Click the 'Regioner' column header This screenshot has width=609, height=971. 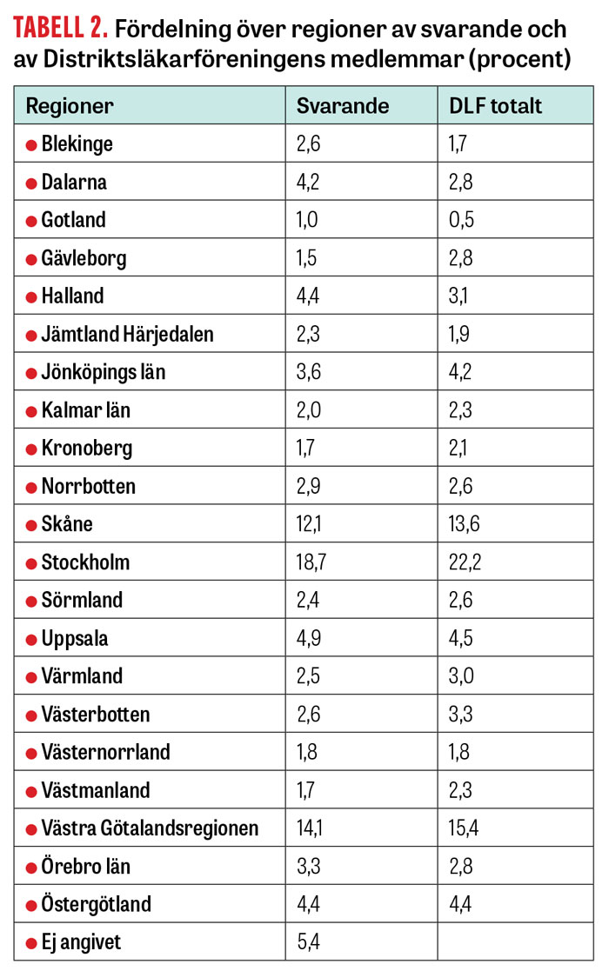[x=70, y=107]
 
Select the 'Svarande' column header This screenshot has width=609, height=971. [x=343, y=106]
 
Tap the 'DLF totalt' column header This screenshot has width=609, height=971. [x=495, y=106]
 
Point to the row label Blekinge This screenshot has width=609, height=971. [x=77, y=144]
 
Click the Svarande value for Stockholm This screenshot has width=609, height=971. [x=311, y=562]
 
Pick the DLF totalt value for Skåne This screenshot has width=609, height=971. [x=464, y=524]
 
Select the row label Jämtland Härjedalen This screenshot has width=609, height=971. [x=127, y=335]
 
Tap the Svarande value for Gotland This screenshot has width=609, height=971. [x=307, y=220]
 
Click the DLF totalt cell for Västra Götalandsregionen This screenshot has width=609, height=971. [x=464, y=828]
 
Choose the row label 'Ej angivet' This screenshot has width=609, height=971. [x=81, y=942]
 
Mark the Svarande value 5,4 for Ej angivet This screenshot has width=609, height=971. [x=309, y=942]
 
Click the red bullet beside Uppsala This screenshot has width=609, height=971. [x=31, y=640]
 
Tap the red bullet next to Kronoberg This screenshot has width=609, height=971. [x=31, y=449]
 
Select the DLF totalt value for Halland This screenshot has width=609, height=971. [x=458, y=296]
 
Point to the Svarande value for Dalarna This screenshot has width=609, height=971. [x=308, y=182]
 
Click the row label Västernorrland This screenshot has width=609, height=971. [x=105, y=753]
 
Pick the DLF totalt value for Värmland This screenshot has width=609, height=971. [x=461, y=675]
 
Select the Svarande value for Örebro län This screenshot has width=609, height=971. [x=309, y=866]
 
